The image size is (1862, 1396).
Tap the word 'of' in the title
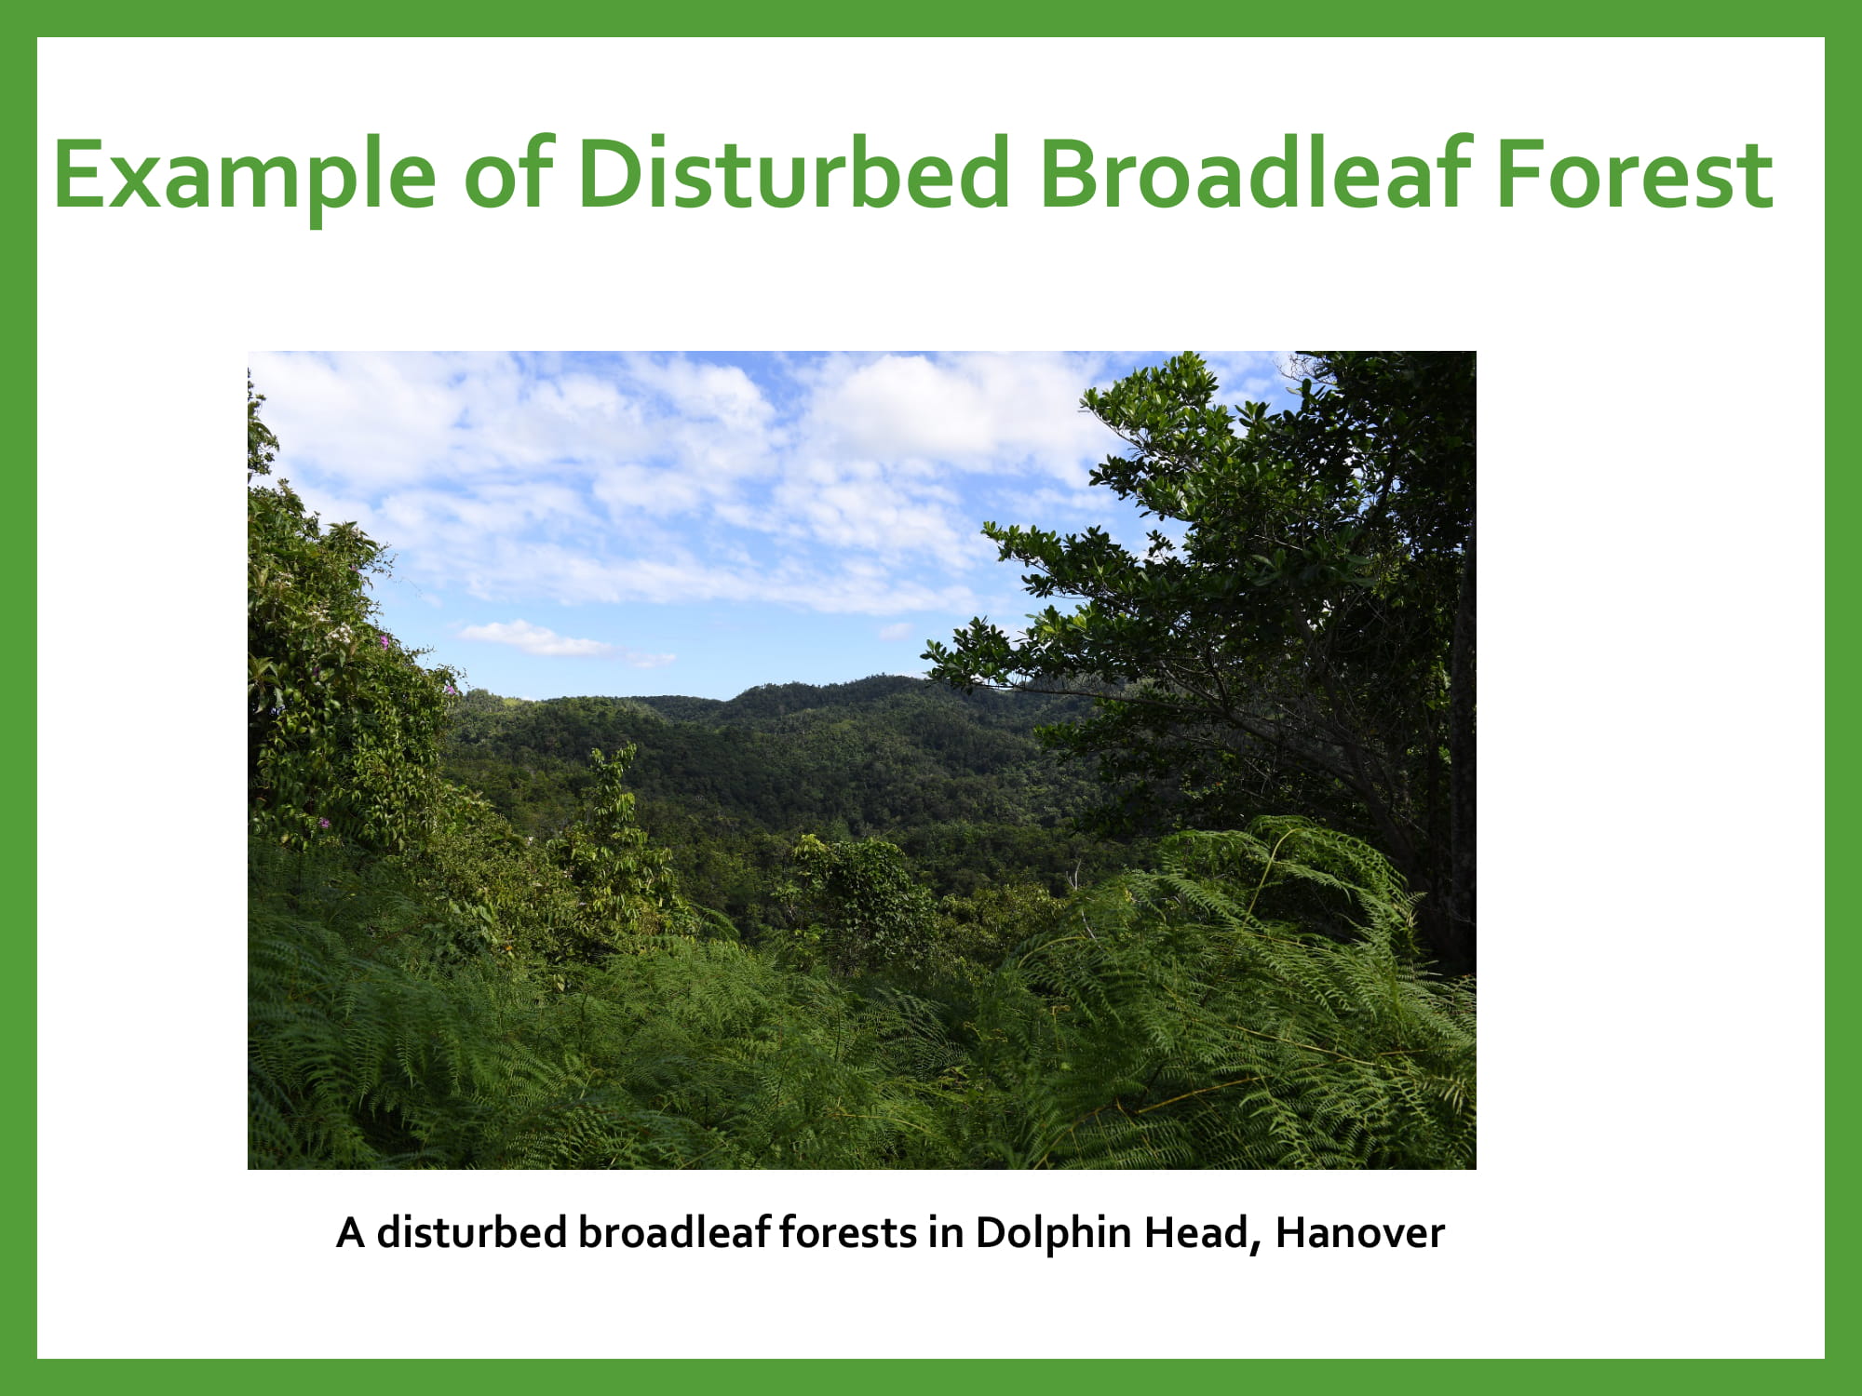click(x=508, y=171)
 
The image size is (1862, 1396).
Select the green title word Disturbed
click(x=793, y=171)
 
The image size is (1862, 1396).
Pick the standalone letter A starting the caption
click(x=350, y=1232)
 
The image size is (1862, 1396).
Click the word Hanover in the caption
click(x=1360, y=1232)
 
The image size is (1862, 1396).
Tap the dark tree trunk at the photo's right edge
click(x=1461, y=745)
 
